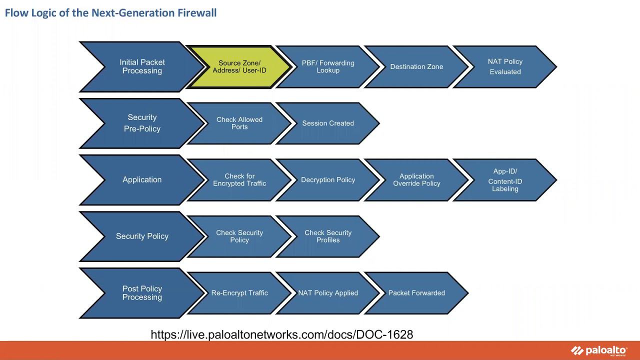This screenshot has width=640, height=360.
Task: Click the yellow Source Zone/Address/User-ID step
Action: (239, 67)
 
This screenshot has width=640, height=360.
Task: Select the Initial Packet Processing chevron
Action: (142, 66)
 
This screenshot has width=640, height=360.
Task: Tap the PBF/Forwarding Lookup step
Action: (328, 67)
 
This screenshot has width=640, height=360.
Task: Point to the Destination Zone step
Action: (416, 67)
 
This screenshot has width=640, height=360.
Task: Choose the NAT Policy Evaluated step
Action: (505, 67)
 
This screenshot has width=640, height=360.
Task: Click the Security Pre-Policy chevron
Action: (142, 123)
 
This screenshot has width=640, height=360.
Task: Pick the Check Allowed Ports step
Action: (239, 123)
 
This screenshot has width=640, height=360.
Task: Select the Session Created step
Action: (328, 123)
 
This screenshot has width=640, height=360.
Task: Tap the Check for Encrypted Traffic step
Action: (239, 180)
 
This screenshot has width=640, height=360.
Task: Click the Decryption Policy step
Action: (328, 180)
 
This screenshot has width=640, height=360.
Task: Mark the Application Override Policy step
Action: (416, 180)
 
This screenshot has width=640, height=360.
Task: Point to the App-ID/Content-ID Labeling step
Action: (505, 180)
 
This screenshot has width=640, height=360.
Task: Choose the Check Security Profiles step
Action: (328, 236)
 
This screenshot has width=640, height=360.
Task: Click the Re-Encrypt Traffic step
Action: (239, 293)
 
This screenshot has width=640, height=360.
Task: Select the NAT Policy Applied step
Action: (328, 293)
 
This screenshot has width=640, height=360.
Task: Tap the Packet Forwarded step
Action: (416, 293)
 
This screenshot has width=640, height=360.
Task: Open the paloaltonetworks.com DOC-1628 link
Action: (282, 334)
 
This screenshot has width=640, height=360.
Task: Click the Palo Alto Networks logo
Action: (598, 350)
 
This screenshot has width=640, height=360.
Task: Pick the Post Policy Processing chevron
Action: (142, 293)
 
